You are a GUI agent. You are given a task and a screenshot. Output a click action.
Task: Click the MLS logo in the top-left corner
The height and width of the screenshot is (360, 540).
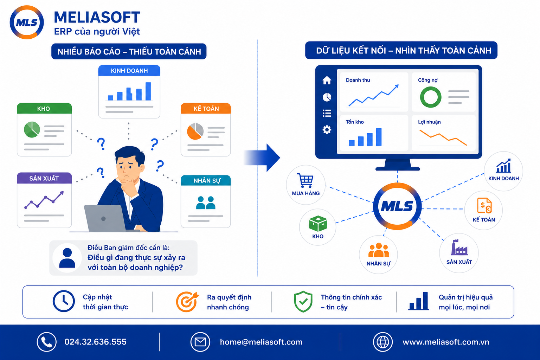(x=27, y=22)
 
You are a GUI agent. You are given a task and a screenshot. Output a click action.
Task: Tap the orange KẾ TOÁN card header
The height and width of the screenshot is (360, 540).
(x=206, y=109)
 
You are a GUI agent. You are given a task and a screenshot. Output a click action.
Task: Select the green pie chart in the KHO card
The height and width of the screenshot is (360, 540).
(x=32, y=129)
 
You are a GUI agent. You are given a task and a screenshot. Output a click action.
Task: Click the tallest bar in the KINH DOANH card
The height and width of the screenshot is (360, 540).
(x=148, y=91)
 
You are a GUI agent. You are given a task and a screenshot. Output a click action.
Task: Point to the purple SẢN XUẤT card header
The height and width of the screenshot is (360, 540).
(x=44, y=178)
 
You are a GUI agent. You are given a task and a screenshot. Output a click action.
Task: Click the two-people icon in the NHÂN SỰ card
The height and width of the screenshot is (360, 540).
(x=206, y=203)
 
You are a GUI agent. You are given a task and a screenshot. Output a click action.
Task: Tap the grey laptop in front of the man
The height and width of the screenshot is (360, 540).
(x=105, y=218)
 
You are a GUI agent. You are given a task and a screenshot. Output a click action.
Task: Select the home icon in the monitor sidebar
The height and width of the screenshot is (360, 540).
(x=327, y=80)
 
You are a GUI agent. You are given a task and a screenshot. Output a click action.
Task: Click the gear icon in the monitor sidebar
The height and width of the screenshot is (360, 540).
(x=327, y=130)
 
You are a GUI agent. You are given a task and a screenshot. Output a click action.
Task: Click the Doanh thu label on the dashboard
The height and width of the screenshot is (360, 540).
(x=358, y=80)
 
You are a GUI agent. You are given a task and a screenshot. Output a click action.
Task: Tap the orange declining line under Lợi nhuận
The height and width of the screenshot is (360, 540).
(x=443, y=138)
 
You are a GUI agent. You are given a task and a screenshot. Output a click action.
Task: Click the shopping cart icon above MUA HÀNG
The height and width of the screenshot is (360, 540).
(x=305, y=180)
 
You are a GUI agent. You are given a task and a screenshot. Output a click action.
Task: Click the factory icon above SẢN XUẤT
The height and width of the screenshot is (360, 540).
(x=459, y=247)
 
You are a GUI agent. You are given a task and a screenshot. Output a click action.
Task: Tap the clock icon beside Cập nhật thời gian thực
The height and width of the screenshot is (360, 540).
(x=64, y=301)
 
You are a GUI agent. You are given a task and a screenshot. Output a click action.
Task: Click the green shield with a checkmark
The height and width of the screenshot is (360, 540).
(x=303, y=301)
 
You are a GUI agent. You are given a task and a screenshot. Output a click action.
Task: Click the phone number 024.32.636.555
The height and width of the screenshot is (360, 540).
(x=96, y=342)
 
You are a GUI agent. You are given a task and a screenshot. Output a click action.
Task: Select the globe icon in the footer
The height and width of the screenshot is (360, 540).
(x=383, y=342)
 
